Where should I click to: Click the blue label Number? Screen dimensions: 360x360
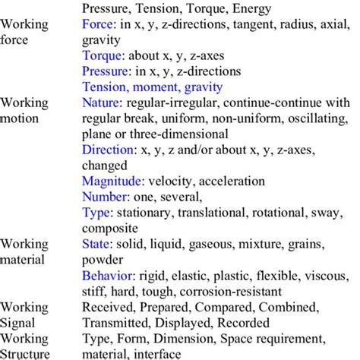click(x=104, y=197)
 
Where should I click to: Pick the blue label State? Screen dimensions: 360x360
click(x=96, y=244)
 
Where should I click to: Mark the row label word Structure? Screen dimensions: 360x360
click(x=26, y=353)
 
